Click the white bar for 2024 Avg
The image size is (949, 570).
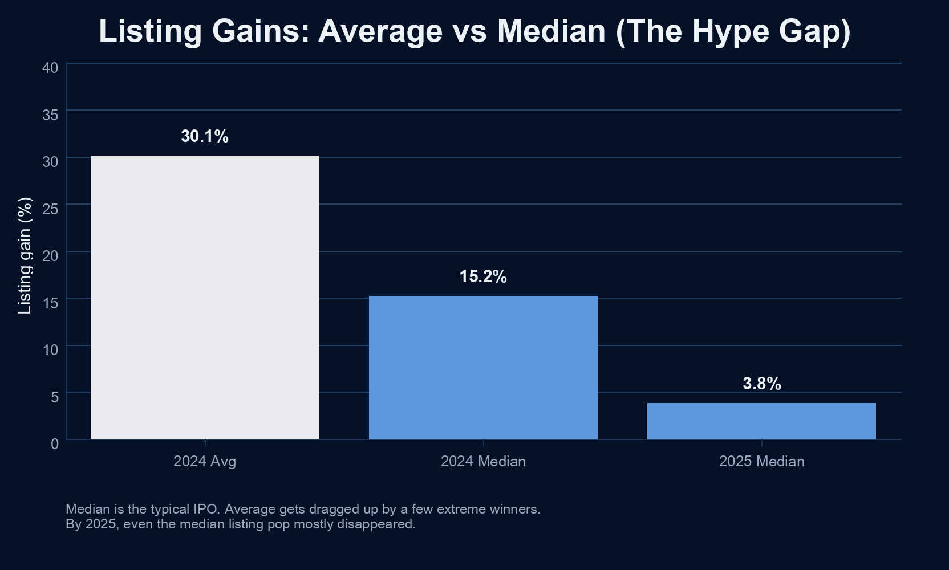click(x=205, y=297)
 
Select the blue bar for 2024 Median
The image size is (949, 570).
click(x=483, y=367)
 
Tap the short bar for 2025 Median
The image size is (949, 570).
click(x=761, y=421)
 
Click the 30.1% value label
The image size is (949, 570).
click(x=205, y=136)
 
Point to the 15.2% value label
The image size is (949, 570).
click(x=483, y=276)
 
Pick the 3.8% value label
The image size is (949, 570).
click(x=761, y=384)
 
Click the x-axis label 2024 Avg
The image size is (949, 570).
click(x=205, y=461)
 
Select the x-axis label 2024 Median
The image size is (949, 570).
click(x=483, y=461)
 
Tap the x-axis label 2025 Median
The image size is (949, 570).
click(x=761, y=461)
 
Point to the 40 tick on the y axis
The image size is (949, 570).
click(x=50, y=68)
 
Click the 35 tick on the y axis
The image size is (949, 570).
click(x=50, y=115)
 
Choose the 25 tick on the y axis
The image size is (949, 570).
click(x=50, y=209)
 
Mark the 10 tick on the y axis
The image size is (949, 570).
click(x=50, y=350)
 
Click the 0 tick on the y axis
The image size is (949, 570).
click(x=55, y=444)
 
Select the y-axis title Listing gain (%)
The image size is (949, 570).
click(x=25, y=255)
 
